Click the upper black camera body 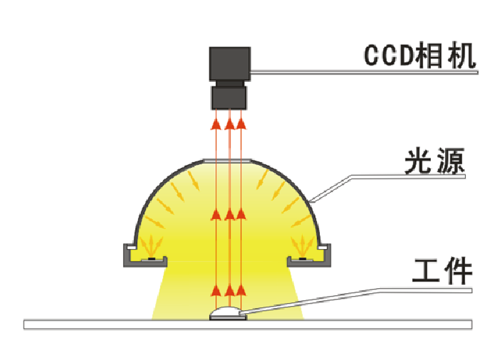tap(229, 64)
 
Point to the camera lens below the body tap(229, 95)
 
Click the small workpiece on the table tap(228, 313)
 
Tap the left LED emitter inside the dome tap(150, 258)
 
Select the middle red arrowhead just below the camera tap(229, 125)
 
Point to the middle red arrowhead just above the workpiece tap(229, 289)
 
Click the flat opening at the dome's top tap(229, 160)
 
